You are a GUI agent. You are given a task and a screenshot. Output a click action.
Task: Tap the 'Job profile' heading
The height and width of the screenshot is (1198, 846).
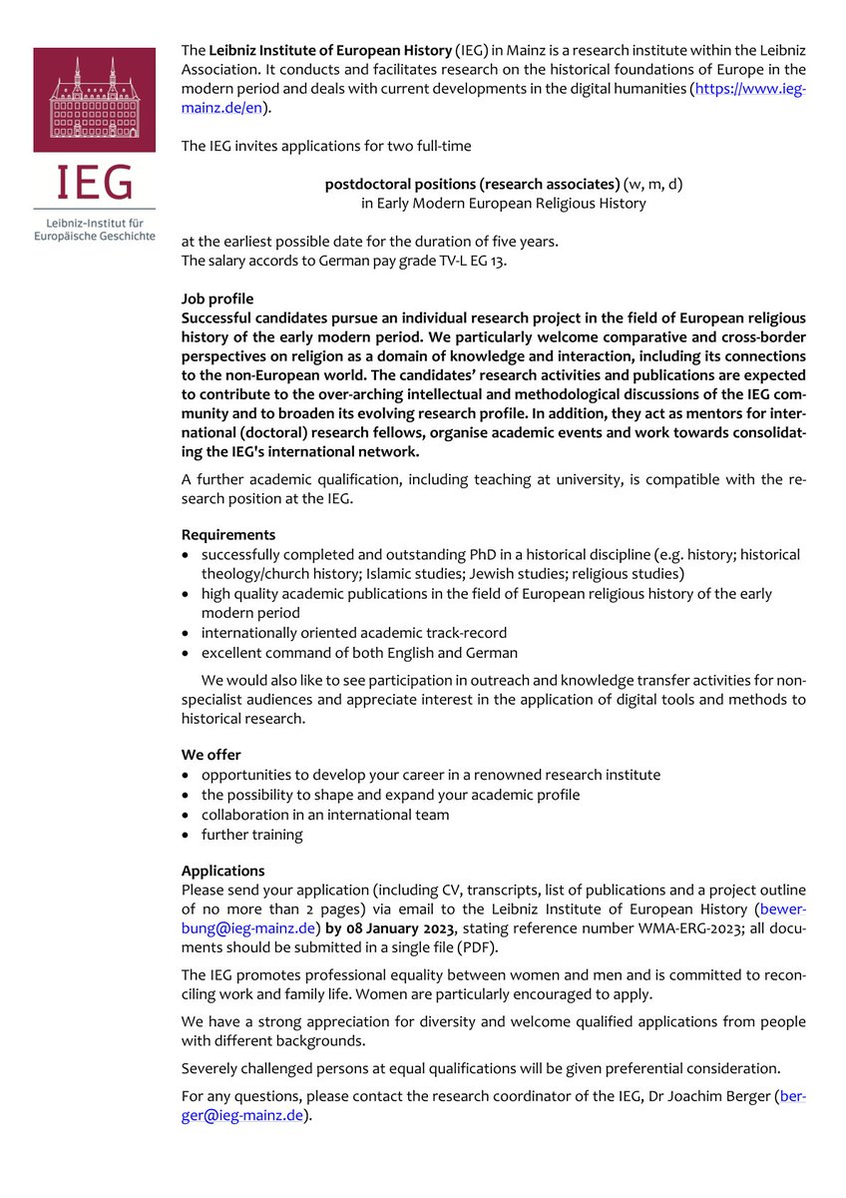click(x=217, y=299)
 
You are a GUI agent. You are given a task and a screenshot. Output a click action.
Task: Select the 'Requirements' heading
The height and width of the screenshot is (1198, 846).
click(x=228, y=534)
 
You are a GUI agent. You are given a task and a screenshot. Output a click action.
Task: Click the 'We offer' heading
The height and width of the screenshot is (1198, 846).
click(x=211, y=755)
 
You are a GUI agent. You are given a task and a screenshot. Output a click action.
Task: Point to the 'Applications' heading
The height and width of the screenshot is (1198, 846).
click(x=222, y=871)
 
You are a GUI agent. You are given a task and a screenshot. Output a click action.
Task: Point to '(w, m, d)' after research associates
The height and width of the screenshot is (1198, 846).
click(x=653, y=185)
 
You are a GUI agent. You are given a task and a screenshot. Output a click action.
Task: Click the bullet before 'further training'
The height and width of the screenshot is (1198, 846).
click(x=187, y=836)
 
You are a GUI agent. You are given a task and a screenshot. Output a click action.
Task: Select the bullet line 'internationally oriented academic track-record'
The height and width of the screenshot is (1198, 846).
click(x=353, y=633)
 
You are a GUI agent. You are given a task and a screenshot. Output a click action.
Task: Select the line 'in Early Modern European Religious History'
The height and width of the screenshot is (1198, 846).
click(x=503, y=204)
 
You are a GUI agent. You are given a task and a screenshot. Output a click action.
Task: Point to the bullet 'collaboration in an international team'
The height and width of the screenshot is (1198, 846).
click(x=325, y=815)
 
